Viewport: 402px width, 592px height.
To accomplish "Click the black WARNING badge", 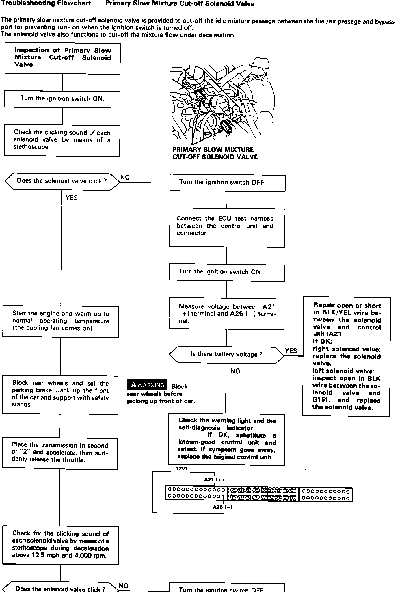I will coord(147,384).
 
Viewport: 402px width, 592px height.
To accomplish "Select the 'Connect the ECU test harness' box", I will coord(227,228).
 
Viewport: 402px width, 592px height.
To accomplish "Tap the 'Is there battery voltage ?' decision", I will coord(226,354).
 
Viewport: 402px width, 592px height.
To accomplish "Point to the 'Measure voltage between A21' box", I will coord(226,314).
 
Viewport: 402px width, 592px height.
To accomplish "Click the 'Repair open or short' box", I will coord(346,356).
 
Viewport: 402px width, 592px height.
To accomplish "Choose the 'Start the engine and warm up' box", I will coord(60,321).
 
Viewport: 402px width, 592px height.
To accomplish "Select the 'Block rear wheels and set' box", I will coord(60,394).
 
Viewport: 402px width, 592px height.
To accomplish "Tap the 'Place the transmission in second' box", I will coord(60,453).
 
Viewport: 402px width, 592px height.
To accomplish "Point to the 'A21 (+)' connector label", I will coord(214,480).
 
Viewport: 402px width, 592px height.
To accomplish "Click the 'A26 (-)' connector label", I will coord(223,507).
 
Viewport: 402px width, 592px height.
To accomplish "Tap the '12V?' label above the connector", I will coord(182,469).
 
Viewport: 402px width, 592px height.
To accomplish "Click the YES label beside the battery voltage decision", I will coord(291,351).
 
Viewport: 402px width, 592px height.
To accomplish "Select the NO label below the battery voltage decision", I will coord(235,371).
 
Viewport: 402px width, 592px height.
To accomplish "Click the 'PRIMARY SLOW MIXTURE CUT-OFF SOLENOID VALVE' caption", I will coord(215,153).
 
